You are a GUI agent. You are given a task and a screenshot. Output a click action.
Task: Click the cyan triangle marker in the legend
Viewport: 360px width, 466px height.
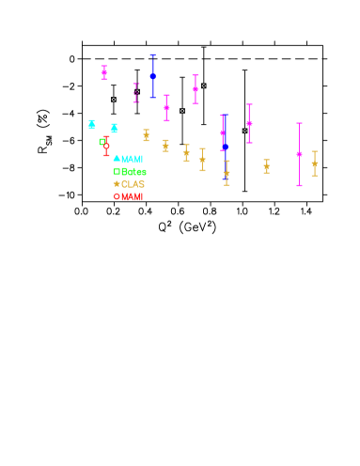[x=117, y=159]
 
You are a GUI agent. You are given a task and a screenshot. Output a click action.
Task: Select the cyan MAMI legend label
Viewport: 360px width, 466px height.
[x=133, y=160]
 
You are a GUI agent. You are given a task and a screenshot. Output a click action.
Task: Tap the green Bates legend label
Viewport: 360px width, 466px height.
[x=133, y=172]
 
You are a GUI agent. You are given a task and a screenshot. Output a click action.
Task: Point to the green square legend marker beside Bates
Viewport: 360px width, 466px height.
[x=117, y=172]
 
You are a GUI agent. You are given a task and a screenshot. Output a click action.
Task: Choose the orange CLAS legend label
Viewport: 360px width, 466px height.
[x=133, y=184]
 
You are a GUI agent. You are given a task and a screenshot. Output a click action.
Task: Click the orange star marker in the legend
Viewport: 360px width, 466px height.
[x=117, y=184]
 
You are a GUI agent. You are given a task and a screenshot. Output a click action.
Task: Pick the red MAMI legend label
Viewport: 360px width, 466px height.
[x=133, y=197]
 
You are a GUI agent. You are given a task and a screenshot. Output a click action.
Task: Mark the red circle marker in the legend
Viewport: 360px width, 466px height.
[x=117, y=196]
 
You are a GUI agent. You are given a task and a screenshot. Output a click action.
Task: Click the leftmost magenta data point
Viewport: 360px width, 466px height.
[x=103, y=71]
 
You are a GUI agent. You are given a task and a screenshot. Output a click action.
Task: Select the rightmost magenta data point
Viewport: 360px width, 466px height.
[x=299, y=154]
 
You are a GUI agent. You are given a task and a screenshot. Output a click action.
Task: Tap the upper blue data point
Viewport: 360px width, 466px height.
[x=152, y=76]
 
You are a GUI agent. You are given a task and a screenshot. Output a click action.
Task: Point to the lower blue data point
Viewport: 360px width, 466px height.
[x=225, y=148]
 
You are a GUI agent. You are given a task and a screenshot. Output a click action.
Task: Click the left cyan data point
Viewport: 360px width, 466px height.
[x=91, y=124]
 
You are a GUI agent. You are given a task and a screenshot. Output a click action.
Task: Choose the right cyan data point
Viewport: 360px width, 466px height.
[x=114, y=128]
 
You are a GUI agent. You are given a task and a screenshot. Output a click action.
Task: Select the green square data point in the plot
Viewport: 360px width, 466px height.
[x=102, y=142]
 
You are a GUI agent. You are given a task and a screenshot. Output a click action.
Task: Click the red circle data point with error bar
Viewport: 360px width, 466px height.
[x=106, y=146]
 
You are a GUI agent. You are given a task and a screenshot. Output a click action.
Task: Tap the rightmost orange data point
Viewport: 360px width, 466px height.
[x=314, y=163]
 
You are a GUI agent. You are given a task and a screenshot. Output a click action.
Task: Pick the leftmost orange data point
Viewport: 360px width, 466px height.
[x=146, y=135]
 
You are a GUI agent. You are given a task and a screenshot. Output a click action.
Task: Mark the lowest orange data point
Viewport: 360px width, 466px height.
[x=227, y=174]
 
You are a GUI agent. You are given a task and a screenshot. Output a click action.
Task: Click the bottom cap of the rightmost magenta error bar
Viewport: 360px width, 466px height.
[x=299, y=185]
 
